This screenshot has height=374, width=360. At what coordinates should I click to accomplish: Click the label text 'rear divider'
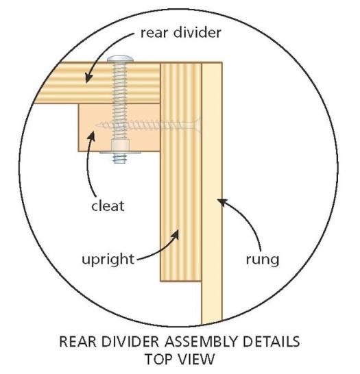pos(181,33)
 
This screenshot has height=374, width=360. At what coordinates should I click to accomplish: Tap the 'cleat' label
pos(108,206)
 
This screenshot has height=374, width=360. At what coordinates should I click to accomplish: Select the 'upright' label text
pos(108,259)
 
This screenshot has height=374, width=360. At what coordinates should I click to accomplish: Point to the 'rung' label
pos(263,260)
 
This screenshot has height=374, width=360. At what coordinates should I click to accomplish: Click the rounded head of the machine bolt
pos(120,59)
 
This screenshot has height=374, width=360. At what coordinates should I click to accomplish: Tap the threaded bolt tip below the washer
pos(120,158)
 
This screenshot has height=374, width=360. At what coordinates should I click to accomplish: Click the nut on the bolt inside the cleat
pos(120,145)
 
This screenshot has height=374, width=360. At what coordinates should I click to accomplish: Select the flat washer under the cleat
pos(120,153)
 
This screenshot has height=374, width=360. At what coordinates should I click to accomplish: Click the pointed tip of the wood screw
pos(97,125)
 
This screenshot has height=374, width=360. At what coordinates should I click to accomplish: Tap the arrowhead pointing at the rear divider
pos(88,77)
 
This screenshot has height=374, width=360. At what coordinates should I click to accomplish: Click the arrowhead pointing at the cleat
pos(91,137)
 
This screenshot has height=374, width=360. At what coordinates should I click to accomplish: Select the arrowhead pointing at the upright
pos(175,234)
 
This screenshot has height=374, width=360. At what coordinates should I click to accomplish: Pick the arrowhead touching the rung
pos(221,202)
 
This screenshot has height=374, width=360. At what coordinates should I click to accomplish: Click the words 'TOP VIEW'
pos(180,359)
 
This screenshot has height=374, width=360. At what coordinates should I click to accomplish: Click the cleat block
pos(119,127)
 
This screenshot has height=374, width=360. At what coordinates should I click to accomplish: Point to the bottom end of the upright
pos(181,281)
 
